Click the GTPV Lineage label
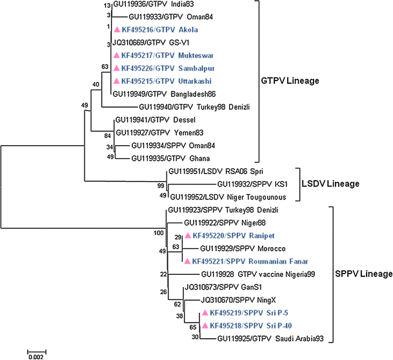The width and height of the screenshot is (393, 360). (301, 82)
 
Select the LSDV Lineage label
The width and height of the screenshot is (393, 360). (330, 185)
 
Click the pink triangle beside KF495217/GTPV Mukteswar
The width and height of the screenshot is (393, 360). (116, 56)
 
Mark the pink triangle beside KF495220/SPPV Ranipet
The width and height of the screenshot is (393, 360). (188, 236)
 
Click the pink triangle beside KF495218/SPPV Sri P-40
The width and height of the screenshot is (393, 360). (205, 325)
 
